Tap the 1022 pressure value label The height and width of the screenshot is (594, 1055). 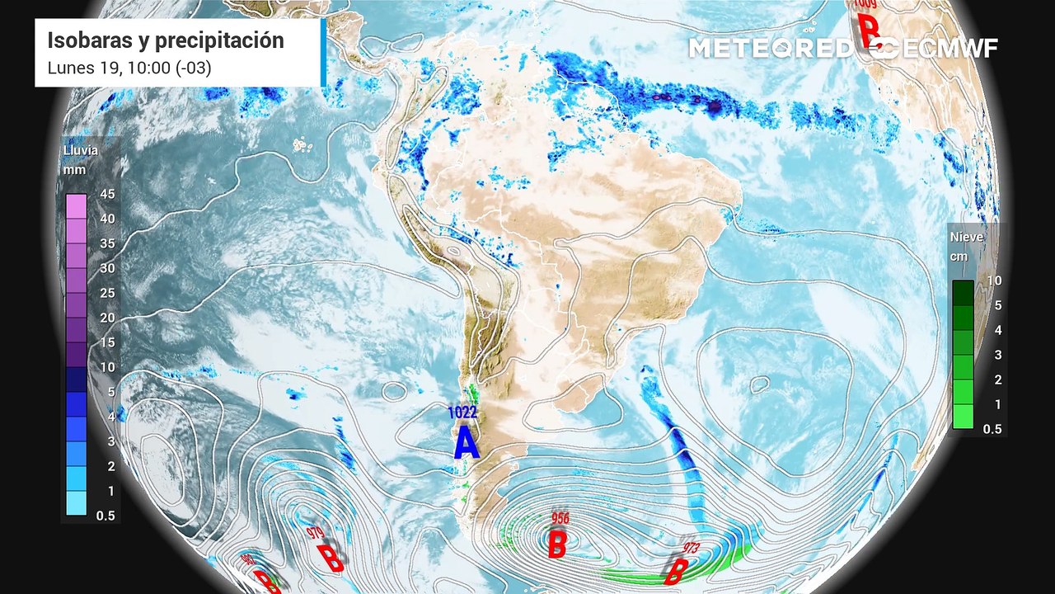click(462, 412)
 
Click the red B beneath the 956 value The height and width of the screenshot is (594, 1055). click(557, 544)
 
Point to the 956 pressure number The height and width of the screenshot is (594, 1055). click(560, 518)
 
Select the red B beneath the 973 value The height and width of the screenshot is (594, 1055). click(676, 570)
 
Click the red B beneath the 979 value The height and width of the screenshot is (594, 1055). click(331, 558)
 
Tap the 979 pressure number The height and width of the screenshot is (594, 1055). click(314, 533)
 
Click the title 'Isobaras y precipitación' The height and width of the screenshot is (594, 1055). click(165, 40)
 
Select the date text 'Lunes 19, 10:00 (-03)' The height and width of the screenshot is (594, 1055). click(129, 68)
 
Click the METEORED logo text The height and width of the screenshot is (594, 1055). click(771, 48)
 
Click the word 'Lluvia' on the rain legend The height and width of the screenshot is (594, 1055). click(81, 151)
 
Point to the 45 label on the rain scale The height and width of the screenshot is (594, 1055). click(106, 194)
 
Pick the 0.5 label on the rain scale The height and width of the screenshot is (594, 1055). click(105, 516)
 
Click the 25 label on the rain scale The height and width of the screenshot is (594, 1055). click(106, 293)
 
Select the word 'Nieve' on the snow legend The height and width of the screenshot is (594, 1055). click(967, 237)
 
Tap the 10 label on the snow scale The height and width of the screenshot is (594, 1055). click(994, 280)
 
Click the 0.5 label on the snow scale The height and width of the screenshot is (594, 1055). click(992, 429)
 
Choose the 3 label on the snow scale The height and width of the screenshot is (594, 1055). click(996, 355)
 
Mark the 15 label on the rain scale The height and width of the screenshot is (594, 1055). click(106, 342)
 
